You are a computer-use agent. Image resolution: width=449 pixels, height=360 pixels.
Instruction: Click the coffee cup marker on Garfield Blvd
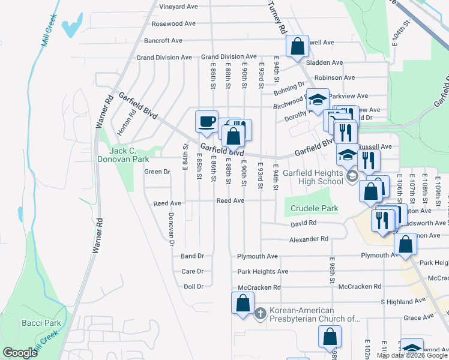pos(206,121)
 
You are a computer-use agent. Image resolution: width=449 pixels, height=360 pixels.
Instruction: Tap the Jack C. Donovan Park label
pos(124,155)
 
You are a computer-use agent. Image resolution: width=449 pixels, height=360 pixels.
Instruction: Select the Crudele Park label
pos(314,209)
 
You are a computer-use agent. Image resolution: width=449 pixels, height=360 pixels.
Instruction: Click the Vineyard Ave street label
pos(178,7)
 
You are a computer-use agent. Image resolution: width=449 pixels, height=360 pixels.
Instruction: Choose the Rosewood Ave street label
pos(173,24)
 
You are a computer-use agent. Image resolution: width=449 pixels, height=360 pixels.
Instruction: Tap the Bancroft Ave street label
pos(163,41)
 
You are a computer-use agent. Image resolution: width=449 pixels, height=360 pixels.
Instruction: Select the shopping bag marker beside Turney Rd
pos(297,47)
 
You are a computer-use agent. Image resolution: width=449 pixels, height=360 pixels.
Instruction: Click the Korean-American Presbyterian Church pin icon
pos(261,313)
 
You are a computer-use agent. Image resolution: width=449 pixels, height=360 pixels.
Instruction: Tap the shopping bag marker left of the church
pos(243,302)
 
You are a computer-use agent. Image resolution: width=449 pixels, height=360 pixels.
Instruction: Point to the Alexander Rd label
pos(309,239)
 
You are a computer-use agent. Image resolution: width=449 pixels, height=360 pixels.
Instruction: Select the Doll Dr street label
pos(194,287)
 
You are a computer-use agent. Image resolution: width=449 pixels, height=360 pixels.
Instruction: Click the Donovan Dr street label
pos(171,230)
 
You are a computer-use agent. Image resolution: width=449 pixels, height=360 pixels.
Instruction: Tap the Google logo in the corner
pos(20,352)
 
